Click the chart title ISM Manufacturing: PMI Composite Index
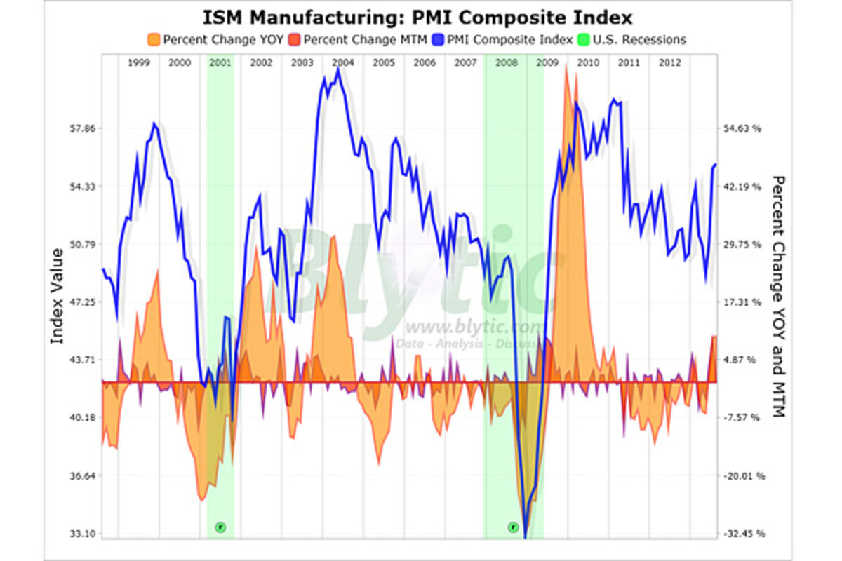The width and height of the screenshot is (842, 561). coord(419,17)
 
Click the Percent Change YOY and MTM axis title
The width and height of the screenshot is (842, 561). coord(777,296)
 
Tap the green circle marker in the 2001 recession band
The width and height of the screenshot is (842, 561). coord(220,526)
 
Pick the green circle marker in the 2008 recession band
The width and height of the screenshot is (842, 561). coord(513,526)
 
